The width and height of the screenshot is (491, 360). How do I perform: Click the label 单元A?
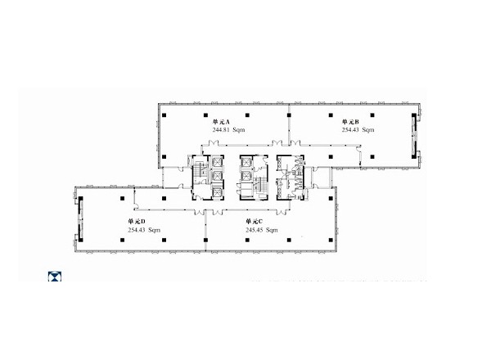click(x=221, y=121)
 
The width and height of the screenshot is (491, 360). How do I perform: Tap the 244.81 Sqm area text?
click(x=228, y=129)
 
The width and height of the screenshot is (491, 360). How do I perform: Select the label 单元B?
click(x=350, y=121)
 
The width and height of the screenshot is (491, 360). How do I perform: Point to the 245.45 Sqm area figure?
click(x=262, y=230)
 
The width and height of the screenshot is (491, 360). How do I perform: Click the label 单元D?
click(x=136, y=222)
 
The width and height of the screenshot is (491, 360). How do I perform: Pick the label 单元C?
click(x=254, y=222)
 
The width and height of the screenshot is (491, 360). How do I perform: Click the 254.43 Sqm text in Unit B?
click(x=358, y=129)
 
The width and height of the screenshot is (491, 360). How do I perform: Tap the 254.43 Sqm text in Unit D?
click(x=144, y=230)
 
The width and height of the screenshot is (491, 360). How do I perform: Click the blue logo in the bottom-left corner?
click(x=55, y=277)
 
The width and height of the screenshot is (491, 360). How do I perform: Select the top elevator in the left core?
click(x=217, y=162)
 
